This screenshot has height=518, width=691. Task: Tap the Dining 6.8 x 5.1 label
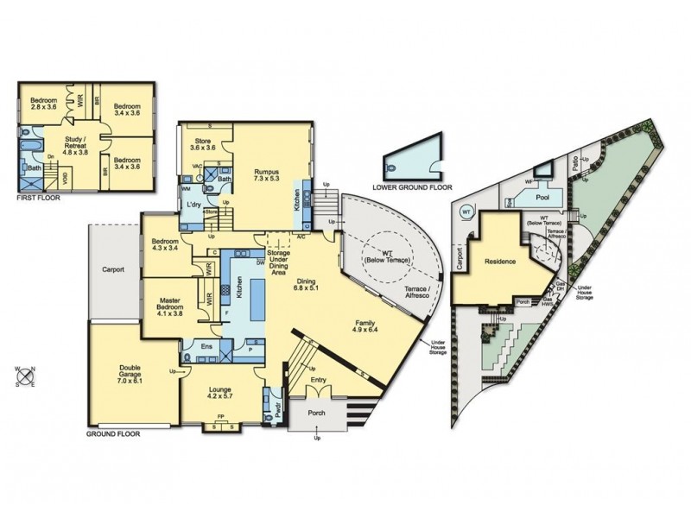tap(307, 286)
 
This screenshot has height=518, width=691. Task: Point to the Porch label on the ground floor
tap(316, 414)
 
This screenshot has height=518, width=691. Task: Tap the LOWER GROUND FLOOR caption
tap(410, 186)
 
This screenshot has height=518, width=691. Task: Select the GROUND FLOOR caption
tap(111, 434)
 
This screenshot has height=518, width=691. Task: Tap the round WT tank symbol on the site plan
tap(466, 210)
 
